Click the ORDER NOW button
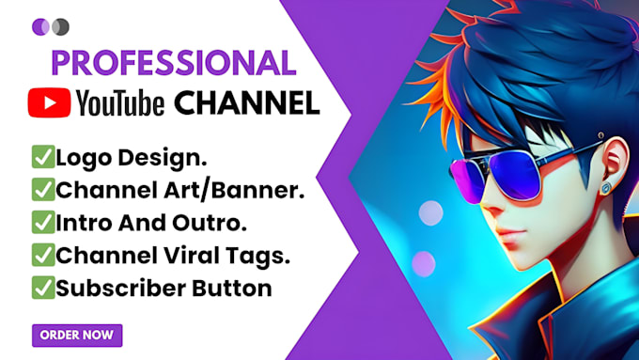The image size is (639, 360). (77, 336)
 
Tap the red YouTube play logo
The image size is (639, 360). (49, 102)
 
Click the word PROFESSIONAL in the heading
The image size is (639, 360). (174, 63)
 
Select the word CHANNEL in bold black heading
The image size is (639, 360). (247, 102)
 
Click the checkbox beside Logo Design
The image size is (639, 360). (43, 157)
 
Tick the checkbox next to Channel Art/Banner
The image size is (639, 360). (43, 190)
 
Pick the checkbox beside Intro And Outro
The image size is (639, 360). (43, 222)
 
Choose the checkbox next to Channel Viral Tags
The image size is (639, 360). (43, 255)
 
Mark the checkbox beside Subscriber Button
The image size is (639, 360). (43, 288)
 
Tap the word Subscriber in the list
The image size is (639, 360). (121, 289)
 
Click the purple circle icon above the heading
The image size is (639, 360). (40, 27)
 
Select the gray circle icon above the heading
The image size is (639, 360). (61, 27)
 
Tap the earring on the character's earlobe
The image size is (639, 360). (606, 188)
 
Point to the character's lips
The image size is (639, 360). (510, 236)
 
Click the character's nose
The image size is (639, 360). (491, 206)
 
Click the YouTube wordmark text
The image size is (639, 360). (120, 103)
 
